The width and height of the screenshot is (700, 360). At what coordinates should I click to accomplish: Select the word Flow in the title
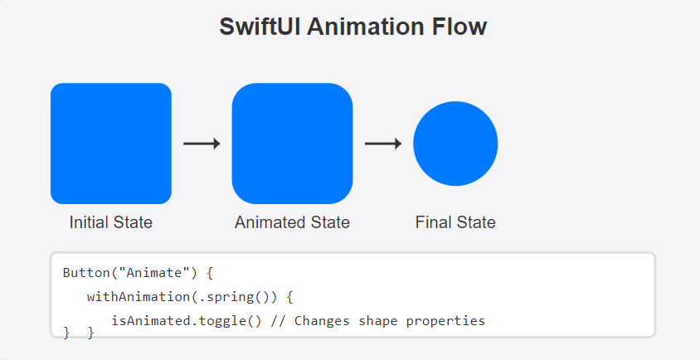459,27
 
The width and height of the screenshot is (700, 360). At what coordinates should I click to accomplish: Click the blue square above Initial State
110,144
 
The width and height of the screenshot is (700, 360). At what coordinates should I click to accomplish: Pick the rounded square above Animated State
292,144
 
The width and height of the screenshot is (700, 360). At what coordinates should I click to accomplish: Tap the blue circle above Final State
455,144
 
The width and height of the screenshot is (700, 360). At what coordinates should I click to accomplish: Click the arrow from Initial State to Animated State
202,144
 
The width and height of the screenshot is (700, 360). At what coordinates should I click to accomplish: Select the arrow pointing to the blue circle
383,144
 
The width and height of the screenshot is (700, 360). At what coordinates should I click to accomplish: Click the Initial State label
110,222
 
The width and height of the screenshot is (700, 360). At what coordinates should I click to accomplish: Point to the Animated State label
292,222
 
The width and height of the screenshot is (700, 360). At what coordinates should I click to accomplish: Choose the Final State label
455,222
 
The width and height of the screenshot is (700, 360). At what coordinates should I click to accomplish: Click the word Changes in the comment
322,321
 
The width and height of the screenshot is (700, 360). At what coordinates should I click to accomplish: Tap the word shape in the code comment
377,322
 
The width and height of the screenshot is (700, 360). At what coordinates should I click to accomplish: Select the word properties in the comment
445,322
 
